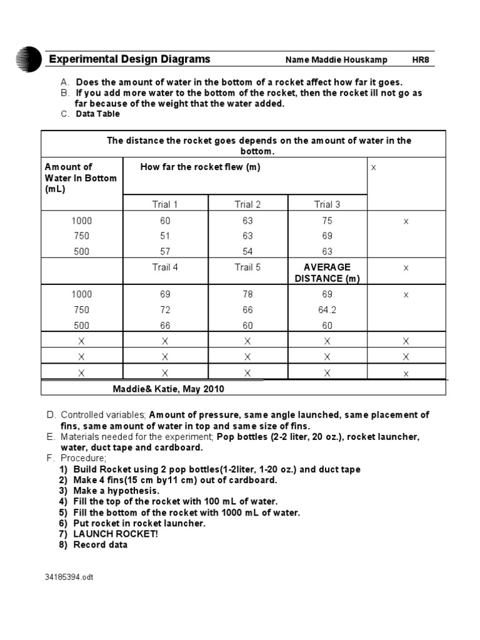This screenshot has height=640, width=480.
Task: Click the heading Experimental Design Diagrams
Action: (x=130, y=59)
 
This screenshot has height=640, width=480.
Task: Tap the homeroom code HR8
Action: (x=421, y=60)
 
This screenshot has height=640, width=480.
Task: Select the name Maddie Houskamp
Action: (x=336, y=60)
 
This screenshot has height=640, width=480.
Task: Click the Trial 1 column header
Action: (x=165, y=204)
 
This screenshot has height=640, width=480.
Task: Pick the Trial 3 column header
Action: (x=327, y=204)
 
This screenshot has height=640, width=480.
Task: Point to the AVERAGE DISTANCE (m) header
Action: (x=327, y=273)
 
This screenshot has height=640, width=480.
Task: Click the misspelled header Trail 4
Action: (x=165, y=267)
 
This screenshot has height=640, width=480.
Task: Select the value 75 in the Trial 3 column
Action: (x=327, y=221)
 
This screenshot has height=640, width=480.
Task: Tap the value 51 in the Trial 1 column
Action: (x=165, y=236)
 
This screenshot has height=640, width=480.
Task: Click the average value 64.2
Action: (x=327, y=310)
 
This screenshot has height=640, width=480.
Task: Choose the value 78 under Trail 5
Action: (x=247, y=294)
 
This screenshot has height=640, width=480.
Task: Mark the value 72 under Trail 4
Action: (x=165, y=310)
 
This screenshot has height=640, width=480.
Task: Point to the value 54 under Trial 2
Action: (x=247, y=252)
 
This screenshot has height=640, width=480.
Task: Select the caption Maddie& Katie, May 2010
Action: (x=168, y=389)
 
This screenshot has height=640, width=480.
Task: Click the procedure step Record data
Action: (x=100, y=544)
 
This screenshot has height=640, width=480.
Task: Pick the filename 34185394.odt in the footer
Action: (x=71, y=577)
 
